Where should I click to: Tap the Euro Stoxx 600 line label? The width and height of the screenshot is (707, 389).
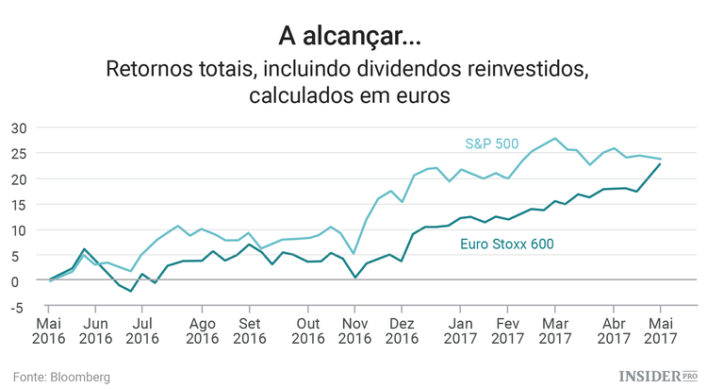(x=505, y=244)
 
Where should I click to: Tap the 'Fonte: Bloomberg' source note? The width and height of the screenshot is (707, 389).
(x=61, y=377)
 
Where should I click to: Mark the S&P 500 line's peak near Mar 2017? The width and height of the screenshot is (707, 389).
(x=554, y=139)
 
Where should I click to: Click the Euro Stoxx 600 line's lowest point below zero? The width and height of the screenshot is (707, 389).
(x=131, y=292)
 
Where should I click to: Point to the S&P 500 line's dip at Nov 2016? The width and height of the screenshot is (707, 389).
(x=354, y=253)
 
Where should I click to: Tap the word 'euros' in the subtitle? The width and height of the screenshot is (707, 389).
(x=426, y=96)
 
